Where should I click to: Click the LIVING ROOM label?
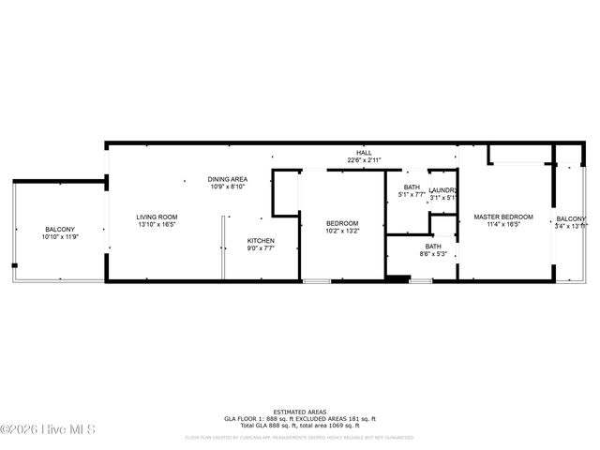[157, 217]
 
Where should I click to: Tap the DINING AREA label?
[227, 179]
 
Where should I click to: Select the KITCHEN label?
[261, 241]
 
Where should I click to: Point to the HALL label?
[364, 153]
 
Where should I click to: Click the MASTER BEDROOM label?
[502, 217]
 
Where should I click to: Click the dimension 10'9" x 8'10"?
[227, 187]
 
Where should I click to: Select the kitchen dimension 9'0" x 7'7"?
[261, 248]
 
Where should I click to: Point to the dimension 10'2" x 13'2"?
[342, 232]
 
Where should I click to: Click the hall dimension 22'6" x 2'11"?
[364, 160]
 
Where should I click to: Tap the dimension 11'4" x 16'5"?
[502, 225]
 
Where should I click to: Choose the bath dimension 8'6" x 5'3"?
[432, 254]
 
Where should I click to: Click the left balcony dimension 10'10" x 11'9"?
[60, 237]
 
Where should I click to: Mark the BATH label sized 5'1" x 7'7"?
[412, 187]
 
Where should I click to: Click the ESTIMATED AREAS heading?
[299, 412]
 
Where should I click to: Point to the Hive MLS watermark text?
[49, 429]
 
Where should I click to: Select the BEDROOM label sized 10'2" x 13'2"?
[342, 224]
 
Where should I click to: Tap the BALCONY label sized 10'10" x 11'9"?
[60, 230]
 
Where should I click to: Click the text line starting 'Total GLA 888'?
[299, 427]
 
